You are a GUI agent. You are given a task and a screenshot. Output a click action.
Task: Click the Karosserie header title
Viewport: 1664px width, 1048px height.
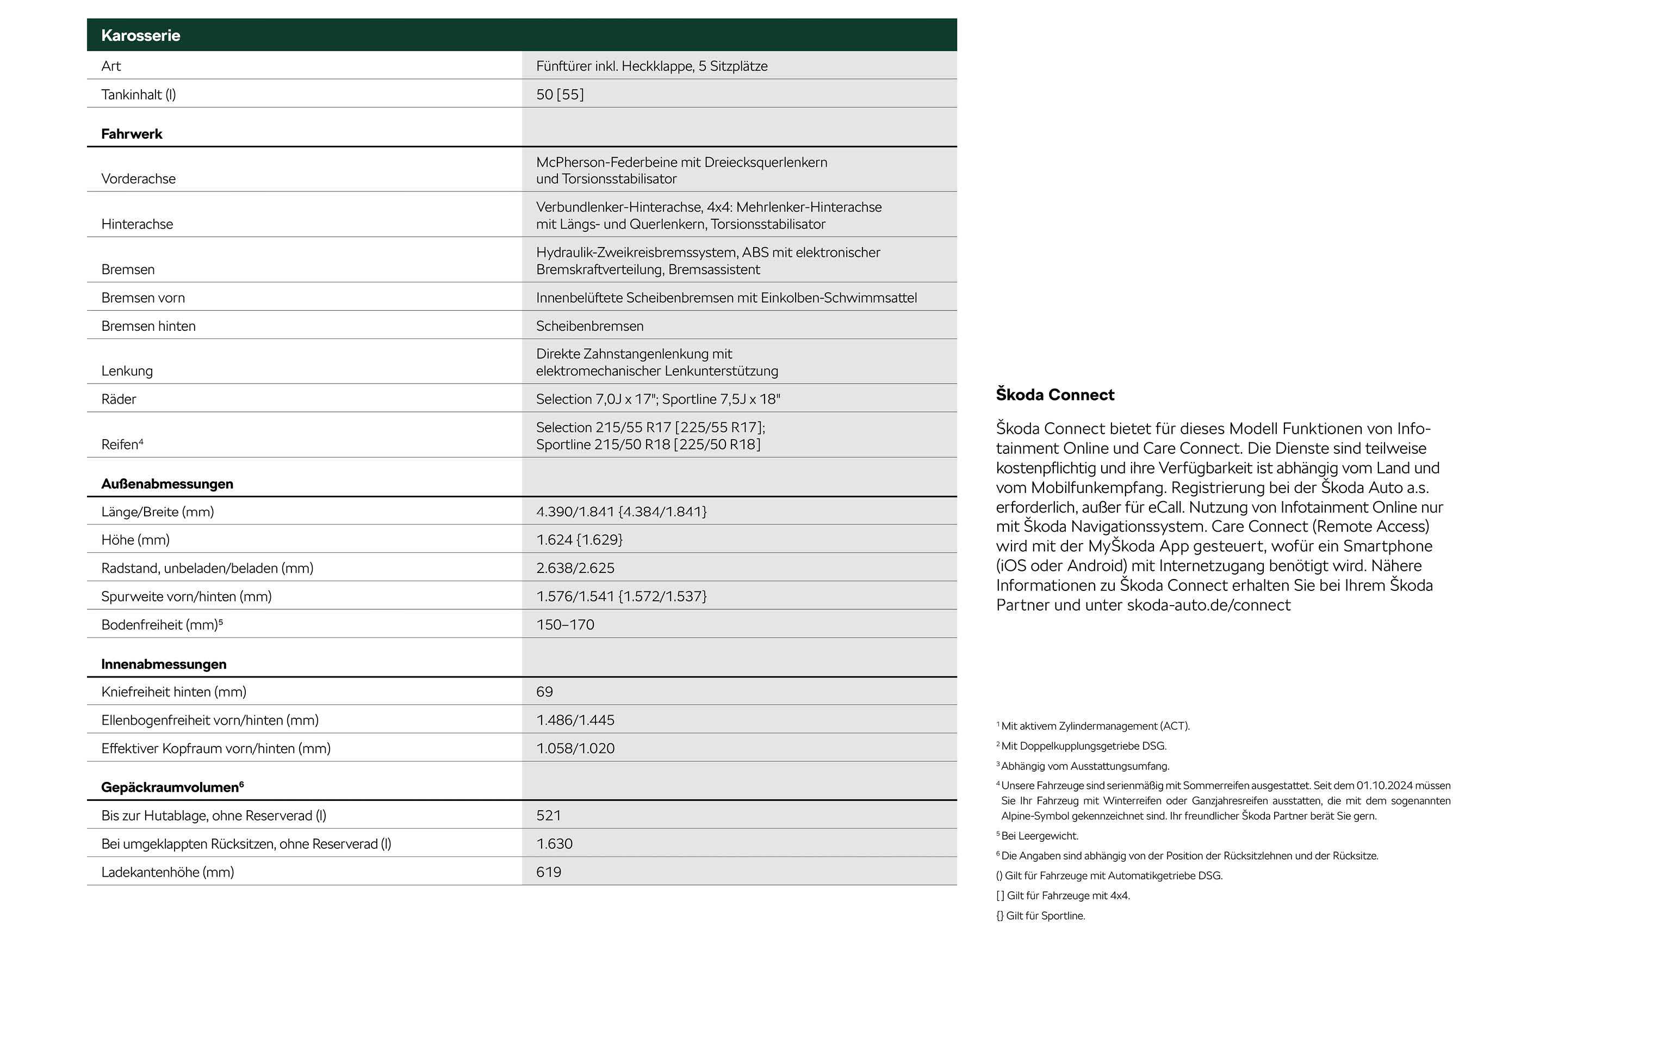(140, 35)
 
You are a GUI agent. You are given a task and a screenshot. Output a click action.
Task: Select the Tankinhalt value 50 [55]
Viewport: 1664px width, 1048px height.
(560, 94)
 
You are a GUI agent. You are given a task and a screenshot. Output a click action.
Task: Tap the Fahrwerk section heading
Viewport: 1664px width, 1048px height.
(131, 133)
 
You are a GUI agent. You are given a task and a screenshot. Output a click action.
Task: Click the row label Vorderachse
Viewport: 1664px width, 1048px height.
(138, 178)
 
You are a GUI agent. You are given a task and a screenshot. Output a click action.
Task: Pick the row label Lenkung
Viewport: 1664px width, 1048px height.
(127, 371)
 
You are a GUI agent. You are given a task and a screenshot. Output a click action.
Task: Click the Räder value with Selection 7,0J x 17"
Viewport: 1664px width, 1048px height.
(658, 399)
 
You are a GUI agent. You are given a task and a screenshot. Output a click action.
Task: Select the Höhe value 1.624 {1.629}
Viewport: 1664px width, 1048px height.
(579, 539)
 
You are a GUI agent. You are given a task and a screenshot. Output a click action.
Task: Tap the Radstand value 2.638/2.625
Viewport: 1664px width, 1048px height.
(575, 568)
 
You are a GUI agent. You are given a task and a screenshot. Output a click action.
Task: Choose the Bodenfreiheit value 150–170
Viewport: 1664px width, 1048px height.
(564, 624)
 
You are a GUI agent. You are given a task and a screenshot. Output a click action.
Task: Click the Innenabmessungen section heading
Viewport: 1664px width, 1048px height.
(163, 664)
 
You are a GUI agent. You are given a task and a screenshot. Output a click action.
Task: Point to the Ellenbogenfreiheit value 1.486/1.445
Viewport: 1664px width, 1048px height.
(575, 720)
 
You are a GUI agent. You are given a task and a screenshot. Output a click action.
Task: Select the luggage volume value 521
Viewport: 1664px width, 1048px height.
(548, 815)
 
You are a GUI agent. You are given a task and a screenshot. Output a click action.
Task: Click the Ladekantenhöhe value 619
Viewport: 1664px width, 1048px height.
(548, 872)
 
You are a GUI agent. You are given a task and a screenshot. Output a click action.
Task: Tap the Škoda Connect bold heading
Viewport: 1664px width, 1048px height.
(1054, 394)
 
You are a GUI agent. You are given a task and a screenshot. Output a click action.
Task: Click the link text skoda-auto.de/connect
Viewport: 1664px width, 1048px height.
(1209, 605)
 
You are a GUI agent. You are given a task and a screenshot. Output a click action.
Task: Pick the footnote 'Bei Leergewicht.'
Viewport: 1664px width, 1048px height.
(1039, 836)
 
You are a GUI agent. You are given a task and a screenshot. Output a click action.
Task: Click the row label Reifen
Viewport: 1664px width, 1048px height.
(120, 445)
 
